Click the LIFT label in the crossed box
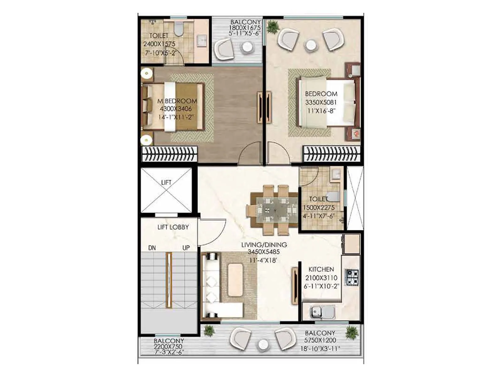coord(166,183)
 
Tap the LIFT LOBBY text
coord(173,227)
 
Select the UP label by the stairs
coord(186,248)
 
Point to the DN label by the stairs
coord(152,248)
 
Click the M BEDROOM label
coord(177,101)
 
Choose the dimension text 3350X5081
coord(321,102)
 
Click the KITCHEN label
coord(321,270)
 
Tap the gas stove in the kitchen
coord(352,277)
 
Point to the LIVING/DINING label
coord(264,245)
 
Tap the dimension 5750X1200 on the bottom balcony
coord(320,340)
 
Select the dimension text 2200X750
coord(168,347)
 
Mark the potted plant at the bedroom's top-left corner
coord(273,26)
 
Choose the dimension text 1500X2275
coord(319,208)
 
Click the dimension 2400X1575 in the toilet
coord(159,44)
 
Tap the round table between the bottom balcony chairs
coord(262,345)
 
